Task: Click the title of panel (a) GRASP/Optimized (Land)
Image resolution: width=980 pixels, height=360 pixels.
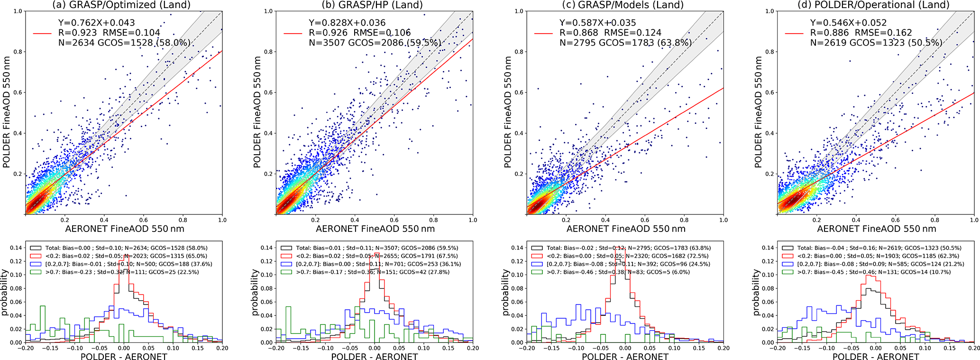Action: (x=121, y=5)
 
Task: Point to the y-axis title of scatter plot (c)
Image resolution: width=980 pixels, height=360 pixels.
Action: (x=508, y=112)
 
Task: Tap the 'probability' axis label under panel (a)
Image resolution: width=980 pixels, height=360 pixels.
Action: (x=5, y=292)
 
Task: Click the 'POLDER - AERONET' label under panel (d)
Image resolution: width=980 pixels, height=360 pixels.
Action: (x=876, y=356)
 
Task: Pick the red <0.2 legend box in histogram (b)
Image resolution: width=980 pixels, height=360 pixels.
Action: (x=286, y=256)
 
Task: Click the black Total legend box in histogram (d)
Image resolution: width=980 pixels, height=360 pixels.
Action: (x=787, y=248)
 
